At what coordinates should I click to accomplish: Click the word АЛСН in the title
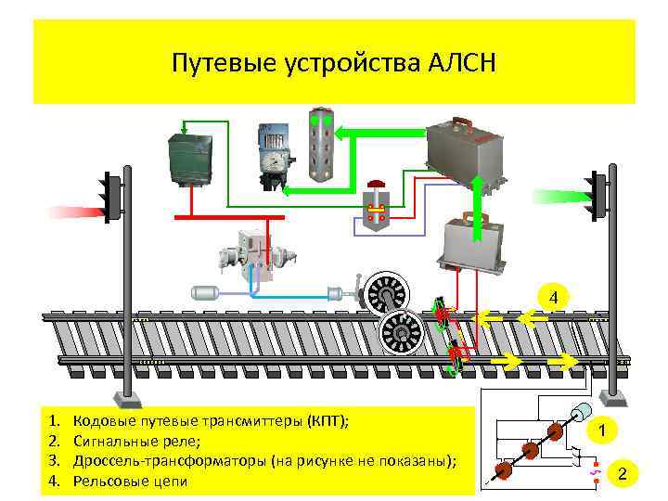tap(464, 64)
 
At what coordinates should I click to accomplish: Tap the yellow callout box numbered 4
tap(553, 298)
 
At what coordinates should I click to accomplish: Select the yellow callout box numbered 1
tap(602, 430)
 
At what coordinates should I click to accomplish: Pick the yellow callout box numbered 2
tap(623, 475)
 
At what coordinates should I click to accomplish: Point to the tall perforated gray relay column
tap(322, 145)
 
